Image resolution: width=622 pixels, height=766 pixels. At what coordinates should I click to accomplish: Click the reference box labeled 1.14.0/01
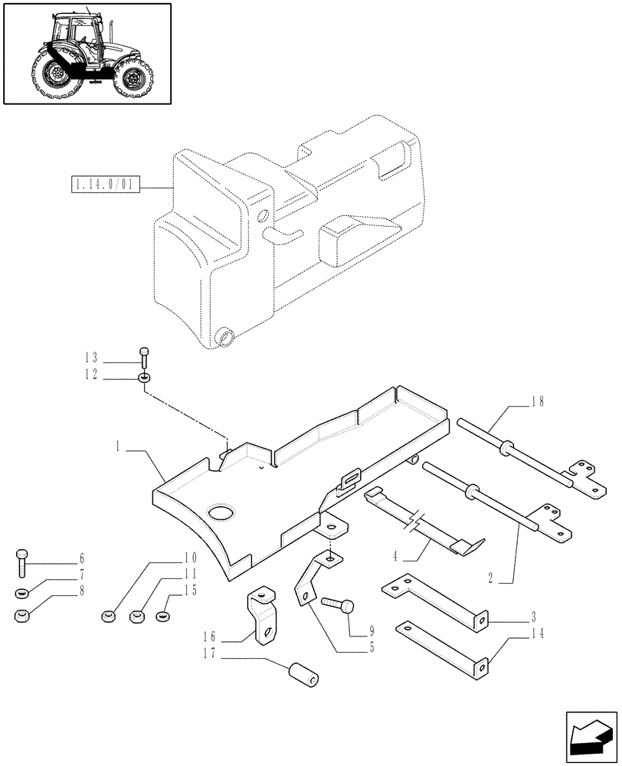click(x=104, y=185)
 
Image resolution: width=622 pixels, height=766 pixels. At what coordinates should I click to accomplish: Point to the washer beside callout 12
click(x=144, y=377)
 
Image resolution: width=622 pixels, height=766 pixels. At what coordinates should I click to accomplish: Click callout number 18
click(x=541, y=401)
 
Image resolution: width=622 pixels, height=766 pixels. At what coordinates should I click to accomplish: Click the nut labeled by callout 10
click(x=109, y=615)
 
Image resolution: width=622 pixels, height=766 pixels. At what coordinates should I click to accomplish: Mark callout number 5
click(x=371, y=647)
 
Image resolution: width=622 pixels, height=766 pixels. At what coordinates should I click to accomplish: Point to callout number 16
click(x=210, y=637)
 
